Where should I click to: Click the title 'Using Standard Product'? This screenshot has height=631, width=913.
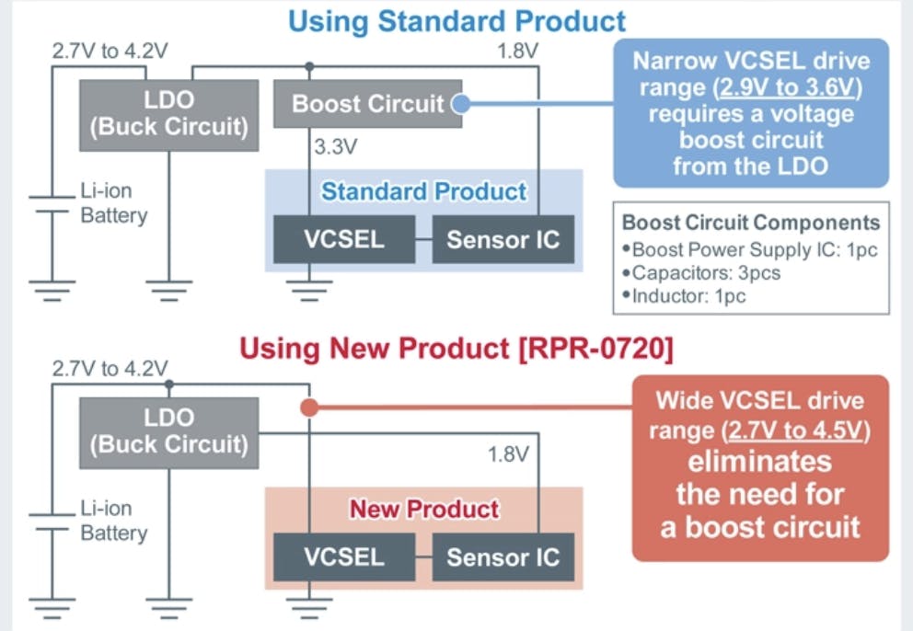click(x=456, y=20)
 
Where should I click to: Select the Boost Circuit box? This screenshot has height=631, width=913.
click(x=368, y=104)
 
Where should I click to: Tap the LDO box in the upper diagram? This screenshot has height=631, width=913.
click(x=168, y=115)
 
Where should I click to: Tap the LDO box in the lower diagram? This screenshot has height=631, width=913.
click(x=168, y=432)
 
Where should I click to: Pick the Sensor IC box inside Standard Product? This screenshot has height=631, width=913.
click(x=503, y=239)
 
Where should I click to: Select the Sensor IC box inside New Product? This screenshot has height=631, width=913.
click(x=503, y=556)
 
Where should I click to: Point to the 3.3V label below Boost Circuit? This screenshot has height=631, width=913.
click(x=335, y=146)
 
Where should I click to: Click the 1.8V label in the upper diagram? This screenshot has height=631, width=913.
click(x=516, y=51)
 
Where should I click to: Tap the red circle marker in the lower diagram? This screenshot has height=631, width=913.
click(x=309, y=407)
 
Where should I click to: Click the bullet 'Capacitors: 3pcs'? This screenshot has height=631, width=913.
click(x=698, y=272)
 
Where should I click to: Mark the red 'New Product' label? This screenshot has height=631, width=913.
click(x=423, y=509)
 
